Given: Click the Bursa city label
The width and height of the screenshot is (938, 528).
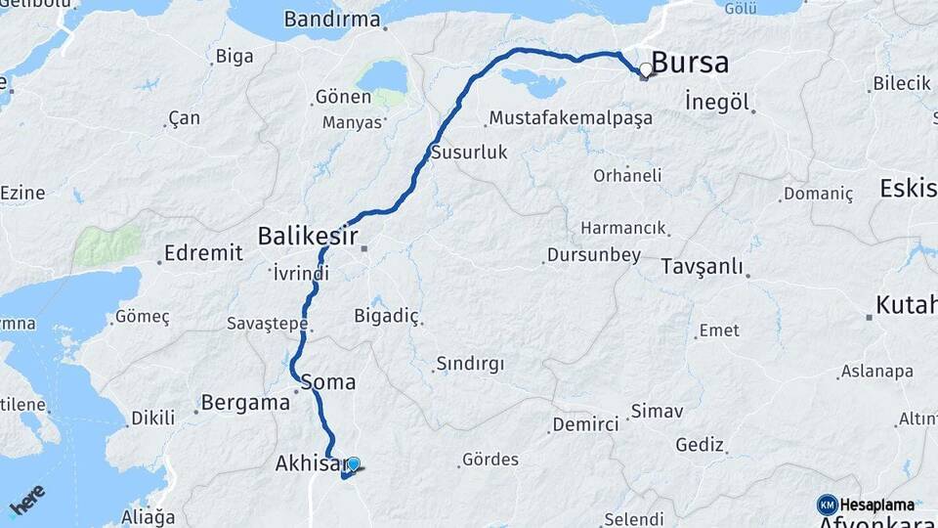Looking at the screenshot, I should [x=690, y=64].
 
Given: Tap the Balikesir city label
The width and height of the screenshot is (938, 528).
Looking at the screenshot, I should [x=307, y=236].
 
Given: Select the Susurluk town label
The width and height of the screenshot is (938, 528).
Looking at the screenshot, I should [x=469, y=153].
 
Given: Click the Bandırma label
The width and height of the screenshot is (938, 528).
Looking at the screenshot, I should [x=332, y=19].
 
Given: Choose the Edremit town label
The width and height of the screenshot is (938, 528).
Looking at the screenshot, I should [x=203, y=253].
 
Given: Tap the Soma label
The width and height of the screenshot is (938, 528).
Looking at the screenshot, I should [x=328, y=382].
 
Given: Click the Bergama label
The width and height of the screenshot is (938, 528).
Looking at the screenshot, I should [x=239, y=402].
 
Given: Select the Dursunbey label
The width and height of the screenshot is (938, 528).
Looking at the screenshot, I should [x=593, y=255].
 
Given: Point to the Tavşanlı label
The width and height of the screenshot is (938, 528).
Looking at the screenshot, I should [x=702, y=267].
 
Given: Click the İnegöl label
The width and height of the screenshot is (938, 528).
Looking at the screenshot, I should [x=716, y=102].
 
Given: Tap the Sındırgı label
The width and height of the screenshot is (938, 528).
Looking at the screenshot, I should [x=470, y=364].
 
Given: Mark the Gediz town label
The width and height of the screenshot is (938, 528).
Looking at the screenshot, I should [x=700, y=445].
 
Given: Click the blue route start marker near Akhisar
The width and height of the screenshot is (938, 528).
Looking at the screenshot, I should [x=354, y=464].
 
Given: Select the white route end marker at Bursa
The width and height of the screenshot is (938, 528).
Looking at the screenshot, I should [x=645, y=70].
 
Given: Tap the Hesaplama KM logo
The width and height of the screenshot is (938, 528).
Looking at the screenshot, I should [x=866, y=505].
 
